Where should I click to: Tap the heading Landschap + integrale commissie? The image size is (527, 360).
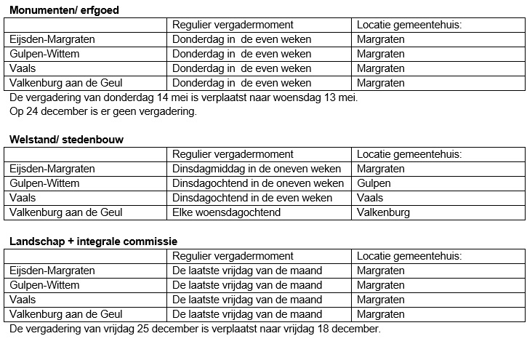pos(92,241)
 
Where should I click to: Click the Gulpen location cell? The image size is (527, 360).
pos(374,183)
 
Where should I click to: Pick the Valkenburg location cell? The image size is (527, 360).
pos(383,212)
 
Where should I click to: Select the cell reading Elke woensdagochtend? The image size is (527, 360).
pos(226,212)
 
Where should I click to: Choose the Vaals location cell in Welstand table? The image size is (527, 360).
pos(370,198)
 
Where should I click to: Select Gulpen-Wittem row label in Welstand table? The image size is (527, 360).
pos(43,183)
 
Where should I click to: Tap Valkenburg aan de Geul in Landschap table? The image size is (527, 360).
pos(65,314)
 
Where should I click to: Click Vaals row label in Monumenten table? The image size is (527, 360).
pos(23,68)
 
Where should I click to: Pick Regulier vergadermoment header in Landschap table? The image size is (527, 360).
pos(233,256)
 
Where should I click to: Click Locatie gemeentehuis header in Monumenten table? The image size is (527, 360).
pos(409,25)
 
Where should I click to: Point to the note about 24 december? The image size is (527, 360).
pos(102,111)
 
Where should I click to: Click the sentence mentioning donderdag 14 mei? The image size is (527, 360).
pos(184,97)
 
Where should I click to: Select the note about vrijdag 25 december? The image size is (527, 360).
pos(194,329)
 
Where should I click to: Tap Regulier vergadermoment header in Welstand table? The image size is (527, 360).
pos(233,154)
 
